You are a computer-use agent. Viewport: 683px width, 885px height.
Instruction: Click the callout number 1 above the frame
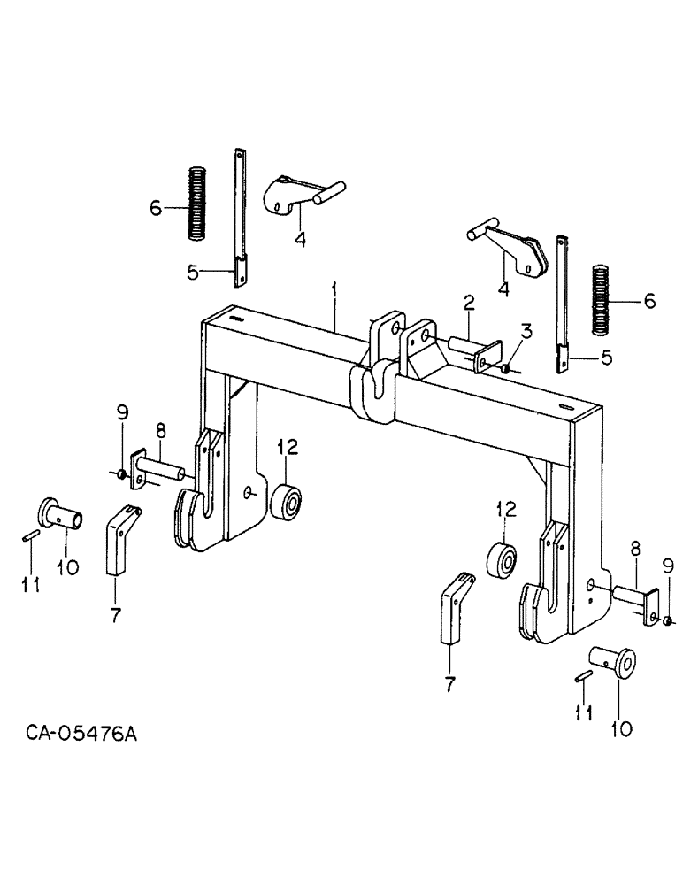[334, 289]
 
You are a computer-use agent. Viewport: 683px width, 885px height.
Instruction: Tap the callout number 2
[468, 304]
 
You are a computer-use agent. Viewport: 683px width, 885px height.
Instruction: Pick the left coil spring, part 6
[196, 203]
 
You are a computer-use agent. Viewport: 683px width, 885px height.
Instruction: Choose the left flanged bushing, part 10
[63, 516]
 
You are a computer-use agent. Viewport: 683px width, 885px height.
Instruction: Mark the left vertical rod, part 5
[240, 217]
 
